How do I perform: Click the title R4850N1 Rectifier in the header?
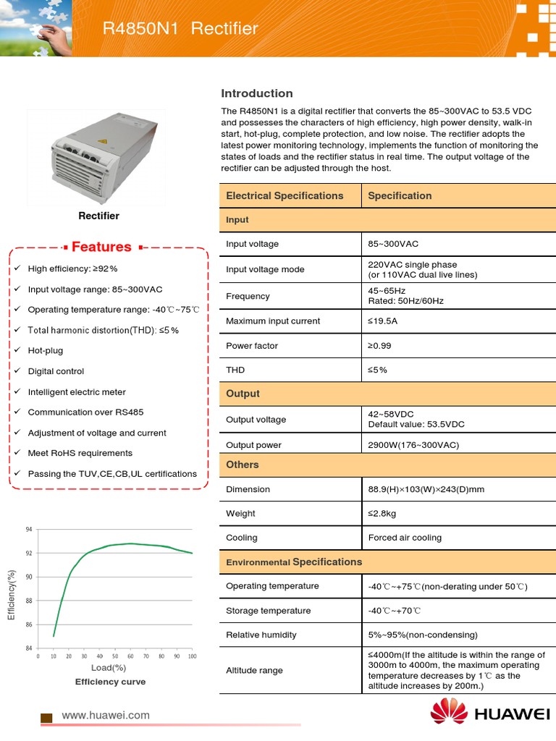point(180,29)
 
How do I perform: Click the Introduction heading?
point(256,93)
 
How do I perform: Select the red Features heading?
point(101,247)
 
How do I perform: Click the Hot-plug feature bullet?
point(46,350)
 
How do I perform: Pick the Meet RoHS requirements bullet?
point(80,453)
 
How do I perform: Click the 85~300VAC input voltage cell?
point(393,244)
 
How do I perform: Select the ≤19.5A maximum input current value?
point(383,321)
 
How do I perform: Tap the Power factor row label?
point(252,346)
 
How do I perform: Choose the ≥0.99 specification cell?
point(379,346)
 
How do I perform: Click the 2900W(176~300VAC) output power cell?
point(413,445)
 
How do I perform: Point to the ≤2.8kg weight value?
point(382,514)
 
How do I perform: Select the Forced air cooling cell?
point(405,538)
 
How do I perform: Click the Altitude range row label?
point(254,671)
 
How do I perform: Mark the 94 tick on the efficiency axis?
point(28,530)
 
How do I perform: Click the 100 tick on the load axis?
point(192,656)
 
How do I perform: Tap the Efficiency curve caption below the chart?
point(110,682)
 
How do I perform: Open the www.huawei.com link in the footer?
point(106,716)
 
